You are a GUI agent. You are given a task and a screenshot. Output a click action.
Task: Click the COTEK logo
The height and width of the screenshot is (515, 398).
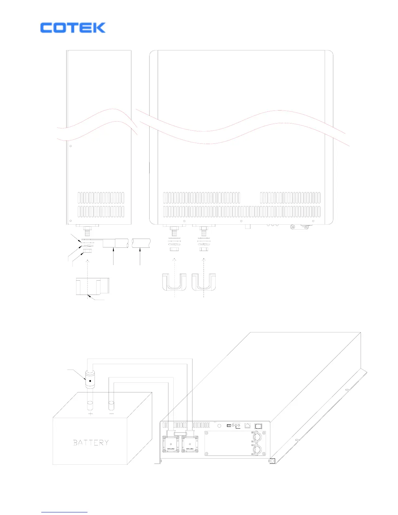[x=73, y=28]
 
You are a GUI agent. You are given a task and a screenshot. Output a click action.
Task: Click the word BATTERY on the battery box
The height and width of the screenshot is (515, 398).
[x=91, y=442]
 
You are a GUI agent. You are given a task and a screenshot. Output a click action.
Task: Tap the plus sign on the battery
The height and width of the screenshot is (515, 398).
[x=90, y=414]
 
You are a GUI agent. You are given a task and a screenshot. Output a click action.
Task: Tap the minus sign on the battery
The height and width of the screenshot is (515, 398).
[x=112, y=414]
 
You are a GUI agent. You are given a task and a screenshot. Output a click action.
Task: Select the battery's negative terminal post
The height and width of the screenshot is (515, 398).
[x=112, y=406]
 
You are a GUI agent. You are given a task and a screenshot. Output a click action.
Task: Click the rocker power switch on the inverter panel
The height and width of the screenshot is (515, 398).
[x=259, y=426]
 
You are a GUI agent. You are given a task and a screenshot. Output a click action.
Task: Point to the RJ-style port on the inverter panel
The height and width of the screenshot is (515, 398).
[x=247, y=426]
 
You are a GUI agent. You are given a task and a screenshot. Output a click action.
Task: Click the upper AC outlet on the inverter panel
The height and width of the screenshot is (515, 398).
[x=257, y=437]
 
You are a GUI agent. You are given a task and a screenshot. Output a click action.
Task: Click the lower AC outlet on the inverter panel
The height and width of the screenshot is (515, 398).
[x=257, y=450]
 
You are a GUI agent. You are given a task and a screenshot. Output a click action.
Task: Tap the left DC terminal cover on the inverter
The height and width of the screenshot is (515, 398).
[x=171, y=444]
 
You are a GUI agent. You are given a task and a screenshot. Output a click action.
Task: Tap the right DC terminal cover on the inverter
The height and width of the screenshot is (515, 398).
[x=190, y=444]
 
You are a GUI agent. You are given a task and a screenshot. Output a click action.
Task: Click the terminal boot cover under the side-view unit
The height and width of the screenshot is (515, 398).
[x=92, y=286]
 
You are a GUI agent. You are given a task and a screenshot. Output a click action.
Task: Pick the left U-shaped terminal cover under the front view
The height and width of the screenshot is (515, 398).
[x=174, y=282]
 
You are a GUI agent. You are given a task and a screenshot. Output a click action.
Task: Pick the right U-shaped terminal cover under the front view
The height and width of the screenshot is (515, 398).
[x=204, y=282]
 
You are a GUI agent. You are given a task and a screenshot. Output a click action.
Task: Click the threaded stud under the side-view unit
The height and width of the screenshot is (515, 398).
[x=87, y=233]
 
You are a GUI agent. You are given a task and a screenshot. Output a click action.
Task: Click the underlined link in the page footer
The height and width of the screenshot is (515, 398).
[x=64, y=512]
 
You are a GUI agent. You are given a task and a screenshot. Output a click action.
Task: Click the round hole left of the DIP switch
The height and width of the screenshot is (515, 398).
[x=219, y=426]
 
